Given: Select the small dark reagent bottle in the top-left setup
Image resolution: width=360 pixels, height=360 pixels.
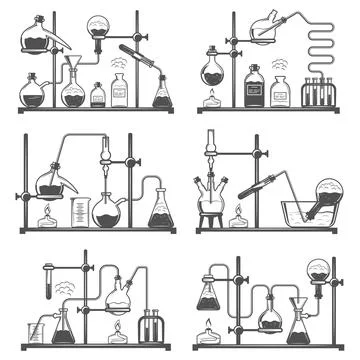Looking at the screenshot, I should (x=97, y=95).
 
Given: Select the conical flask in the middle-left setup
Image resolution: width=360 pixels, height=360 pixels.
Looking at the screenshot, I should (x=160, y=210).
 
